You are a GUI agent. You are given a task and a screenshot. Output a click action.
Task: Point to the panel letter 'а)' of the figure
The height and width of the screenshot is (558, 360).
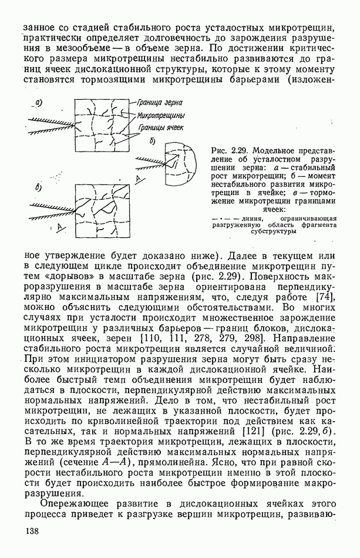(x=39, y=103)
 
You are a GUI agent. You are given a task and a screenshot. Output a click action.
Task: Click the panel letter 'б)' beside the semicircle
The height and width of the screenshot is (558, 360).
(x=153, y=142)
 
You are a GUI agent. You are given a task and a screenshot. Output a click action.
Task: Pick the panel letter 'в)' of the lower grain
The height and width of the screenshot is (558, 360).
(x=39, y=188)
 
